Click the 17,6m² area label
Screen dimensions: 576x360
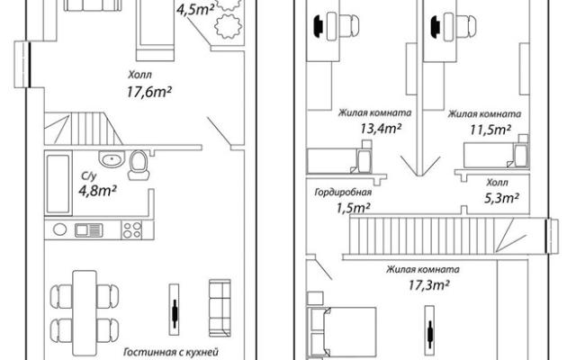pos(148,92)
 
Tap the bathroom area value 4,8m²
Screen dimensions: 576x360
pos(98,190)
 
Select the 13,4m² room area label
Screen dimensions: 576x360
pos(380,128)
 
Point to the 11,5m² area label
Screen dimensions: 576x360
pos(490,130)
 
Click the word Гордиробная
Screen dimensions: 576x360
pos(343,192)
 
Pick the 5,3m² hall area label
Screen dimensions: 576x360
pos(501,198)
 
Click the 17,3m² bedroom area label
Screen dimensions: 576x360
pos(428,284)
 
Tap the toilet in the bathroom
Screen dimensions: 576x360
pos(139,165)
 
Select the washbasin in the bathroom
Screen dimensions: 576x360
pos(112,159)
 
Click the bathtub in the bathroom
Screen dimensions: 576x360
pos(58,184)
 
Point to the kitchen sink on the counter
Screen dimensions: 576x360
pos(89,230)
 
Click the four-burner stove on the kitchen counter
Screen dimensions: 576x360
pos(132,230)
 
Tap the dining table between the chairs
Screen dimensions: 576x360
pos(85,313)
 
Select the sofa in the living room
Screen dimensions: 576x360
pos(220,308)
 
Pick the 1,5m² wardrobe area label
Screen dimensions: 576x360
pos(353,208)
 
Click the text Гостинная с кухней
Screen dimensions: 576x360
pos(171,352)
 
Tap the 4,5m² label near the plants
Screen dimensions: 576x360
pos(195,10)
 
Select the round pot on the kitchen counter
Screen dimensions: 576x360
pos(60,229)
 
